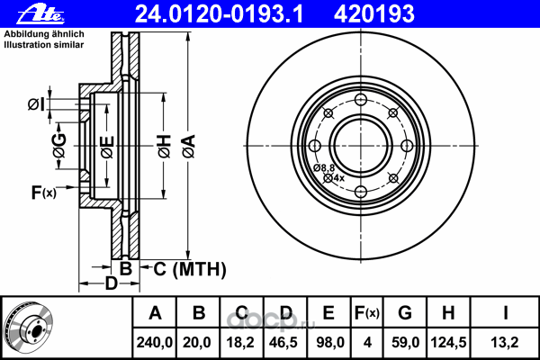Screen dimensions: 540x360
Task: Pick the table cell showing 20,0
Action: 199,341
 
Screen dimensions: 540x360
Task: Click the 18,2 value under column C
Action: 241,341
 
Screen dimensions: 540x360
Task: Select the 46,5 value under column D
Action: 285,341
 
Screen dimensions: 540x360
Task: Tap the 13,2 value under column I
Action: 506,341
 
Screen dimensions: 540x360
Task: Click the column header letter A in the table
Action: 155,313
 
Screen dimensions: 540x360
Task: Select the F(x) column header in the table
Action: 366,313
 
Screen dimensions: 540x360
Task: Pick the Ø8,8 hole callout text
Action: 324,168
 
